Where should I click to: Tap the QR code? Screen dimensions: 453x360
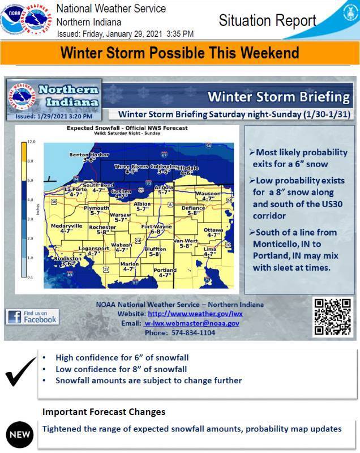coord(332,316)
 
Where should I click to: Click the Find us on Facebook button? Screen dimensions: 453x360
coord(32,317)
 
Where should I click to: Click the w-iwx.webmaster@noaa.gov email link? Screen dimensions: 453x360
coord(191,323)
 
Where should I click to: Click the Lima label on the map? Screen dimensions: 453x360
coord(209,251)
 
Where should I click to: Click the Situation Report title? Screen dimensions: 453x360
coord(267,22)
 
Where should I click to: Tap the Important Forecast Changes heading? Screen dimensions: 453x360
coord(104,411)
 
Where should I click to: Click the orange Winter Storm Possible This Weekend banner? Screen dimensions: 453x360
coord(179,53)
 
